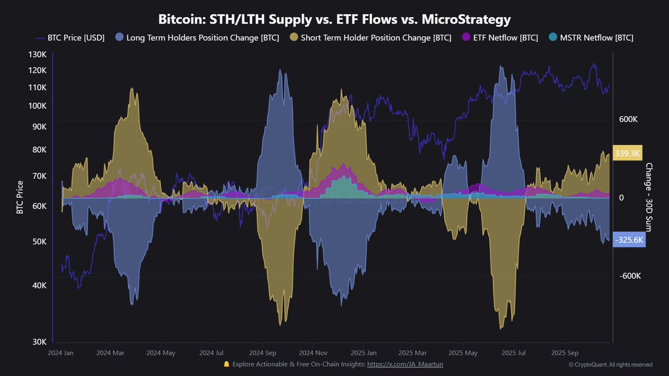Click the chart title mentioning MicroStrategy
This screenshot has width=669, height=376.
tap(334, 19)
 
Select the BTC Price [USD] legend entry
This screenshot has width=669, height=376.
tap(70, 38)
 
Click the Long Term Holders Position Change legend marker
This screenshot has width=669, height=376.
tap(119, 38)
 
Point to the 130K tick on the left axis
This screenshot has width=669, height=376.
tap(38, 55)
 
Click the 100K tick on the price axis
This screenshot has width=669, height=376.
tap(38, 106)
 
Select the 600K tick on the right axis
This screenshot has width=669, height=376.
tap(628, 120)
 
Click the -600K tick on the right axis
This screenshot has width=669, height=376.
tap(630, 276)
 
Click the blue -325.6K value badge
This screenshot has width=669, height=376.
tap(629, 240)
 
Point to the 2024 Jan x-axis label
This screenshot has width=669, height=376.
tap(61, 353)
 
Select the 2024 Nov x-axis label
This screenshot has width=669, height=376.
tap(313, 353)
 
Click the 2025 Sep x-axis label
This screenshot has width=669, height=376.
tap(564, 353)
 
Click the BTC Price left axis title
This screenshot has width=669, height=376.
tap(20, 197)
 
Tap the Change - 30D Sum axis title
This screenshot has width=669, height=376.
tap(649, 197)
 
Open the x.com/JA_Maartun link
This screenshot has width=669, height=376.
tap(405, 364)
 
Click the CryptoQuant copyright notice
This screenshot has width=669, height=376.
tap(610, 365)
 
